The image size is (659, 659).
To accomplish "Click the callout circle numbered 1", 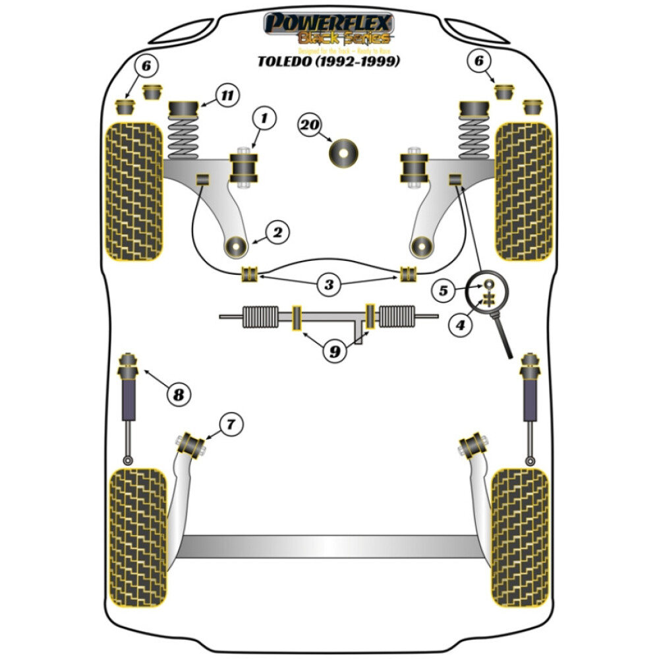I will pos(264,119).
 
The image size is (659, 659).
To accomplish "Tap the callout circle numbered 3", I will pos(328,285).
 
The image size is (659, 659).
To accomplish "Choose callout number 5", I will pos(444,290).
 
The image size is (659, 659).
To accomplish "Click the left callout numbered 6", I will pos(146,65).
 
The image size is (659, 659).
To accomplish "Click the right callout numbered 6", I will pos(479,61).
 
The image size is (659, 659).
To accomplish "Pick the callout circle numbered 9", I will pos(335,352).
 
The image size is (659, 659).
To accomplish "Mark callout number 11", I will pos(226,96).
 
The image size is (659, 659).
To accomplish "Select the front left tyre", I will pos(134,191).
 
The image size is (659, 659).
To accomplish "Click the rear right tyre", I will pos(520,537).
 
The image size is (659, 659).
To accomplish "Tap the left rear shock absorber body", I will pos(129,399).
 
